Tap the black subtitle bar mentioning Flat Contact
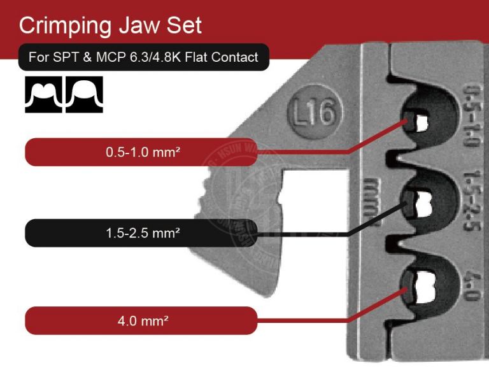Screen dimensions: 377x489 (x=144, y=57)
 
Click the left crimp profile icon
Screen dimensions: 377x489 (x=44, y=95)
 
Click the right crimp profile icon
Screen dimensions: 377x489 (x=83, y=95)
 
